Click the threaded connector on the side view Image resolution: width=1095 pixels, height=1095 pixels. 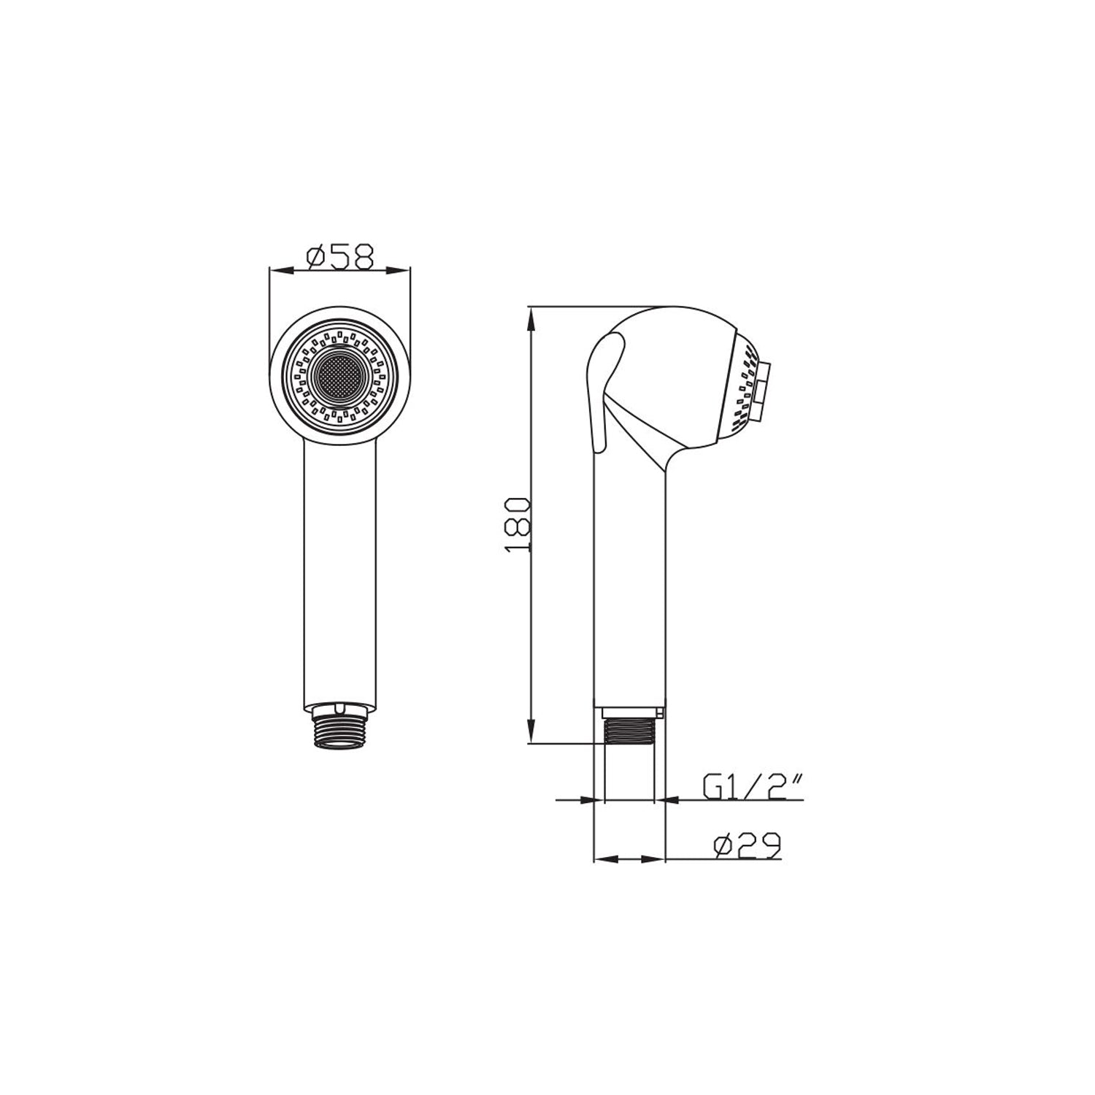click(629, 731)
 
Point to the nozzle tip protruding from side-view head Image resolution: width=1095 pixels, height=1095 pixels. click(764, 391)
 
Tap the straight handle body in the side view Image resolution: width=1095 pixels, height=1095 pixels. click(629, 584)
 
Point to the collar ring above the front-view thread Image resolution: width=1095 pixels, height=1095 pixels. click(340, 707)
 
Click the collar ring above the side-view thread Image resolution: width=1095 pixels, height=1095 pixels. click(631, 710)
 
